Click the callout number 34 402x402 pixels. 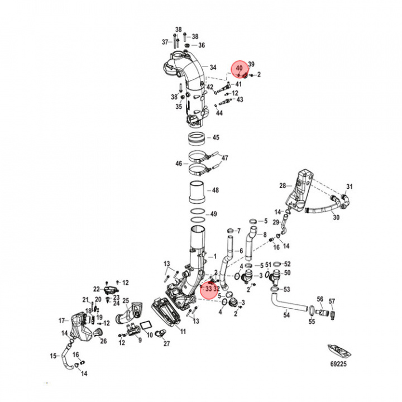[x=213, y=68]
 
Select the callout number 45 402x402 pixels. [x=216, y=137]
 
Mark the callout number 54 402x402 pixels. [x=286, y=315]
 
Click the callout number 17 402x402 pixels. [x=63, y=320]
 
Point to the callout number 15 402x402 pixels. [x=54, y=356]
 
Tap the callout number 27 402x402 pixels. [x=166, y=344]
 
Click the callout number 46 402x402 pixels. [x=179, y=164]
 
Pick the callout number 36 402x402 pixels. [x=201, y=45]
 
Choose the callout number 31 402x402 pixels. [x=350, y=186]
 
